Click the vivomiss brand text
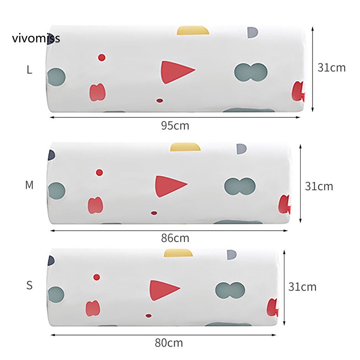tap(36, 38)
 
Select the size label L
tap(29, 70)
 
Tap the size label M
tap(29, 185)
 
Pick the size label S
tap(30, 285)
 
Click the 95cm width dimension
tap(175, 126)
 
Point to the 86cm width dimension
tap(175, 238)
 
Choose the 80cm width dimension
tap(169, 343)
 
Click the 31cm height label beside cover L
tap(332, 68)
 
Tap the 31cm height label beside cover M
tap(319, 186)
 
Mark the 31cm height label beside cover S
tap(302, 287)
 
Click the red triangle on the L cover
tap(176, 72)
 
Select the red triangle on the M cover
tap(169, 186)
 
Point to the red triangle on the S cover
tap(163, 290)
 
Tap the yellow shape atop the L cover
tap(193, 30)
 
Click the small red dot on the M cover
tap(99, 172)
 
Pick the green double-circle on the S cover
tap(230, 290)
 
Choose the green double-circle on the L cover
tap(251, 72)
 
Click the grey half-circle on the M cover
tap(242, 149)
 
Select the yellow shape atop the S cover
tap(178, 253)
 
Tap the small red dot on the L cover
tap(102, 57)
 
